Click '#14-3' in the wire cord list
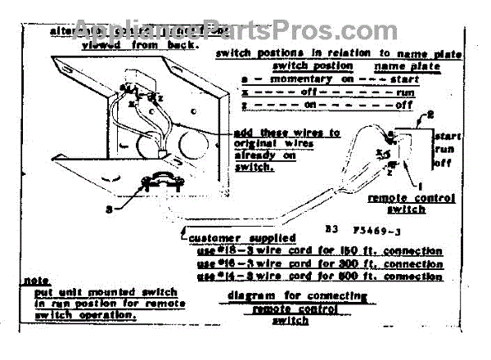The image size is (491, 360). point(235,277)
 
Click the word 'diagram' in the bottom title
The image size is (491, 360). point(248,297)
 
